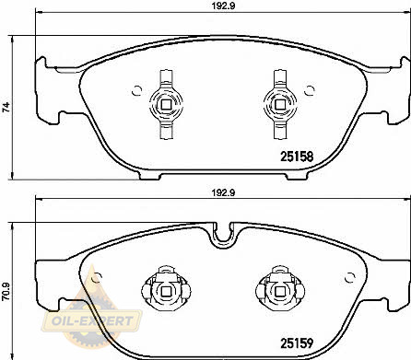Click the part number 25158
297,157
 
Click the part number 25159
297,343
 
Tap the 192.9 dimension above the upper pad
223,6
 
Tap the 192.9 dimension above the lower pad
223,192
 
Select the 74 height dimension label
6,107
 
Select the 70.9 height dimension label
6,292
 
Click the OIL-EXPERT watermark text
92,321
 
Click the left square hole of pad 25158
166,105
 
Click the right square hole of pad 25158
280,105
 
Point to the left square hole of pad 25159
166,291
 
